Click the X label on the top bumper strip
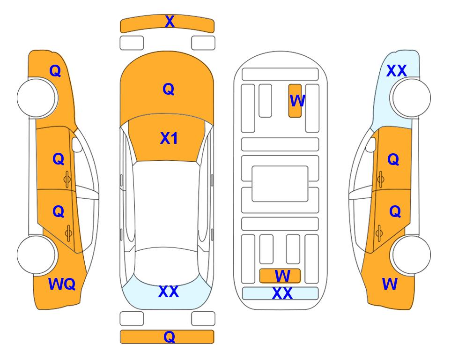point(170,21)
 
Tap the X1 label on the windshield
point(169,138)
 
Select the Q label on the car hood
point(169,89)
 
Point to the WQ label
point(62,284)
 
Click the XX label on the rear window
point(169,292)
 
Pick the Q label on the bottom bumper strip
point(169,337)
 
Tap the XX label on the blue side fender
point(397,71)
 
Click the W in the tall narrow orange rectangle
point(297,101)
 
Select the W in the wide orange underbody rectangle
point(282,276)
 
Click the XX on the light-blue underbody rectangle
point(282,293)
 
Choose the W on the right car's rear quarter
point(390,284)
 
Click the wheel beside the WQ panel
point(36,255)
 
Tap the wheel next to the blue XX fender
point(411,98)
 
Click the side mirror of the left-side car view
point(76,144)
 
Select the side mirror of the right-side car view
point(371,144)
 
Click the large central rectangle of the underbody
point(280,184)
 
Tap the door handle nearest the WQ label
point(68,233)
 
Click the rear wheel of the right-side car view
point(411,255)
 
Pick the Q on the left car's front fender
point(55,71)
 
